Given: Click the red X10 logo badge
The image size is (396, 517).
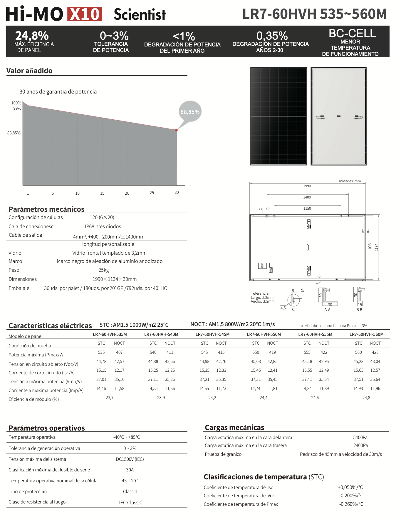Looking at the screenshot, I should click(x=85, y=14).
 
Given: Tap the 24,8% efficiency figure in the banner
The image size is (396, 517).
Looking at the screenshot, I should click(x=32, y=36).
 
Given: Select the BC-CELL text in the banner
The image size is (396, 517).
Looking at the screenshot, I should click(x=352, y=34).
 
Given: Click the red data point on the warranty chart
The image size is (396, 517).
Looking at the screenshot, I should click(x=177, y=130).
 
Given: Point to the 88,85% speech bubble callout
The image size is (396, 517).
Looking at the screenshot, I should click(x=190, y=112).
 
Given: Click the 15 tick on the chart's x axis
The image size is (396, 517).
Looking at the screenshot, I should click(x=102, y=193).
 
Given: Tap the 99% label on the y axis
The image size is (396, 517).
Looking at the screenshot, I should click(x=17, y=108).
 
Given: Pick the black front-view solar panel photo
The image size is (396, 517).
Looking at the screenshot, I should click(x=278, y=116).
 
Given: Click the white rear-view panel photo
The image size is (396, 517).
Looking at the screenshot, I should click(x=338, y=116).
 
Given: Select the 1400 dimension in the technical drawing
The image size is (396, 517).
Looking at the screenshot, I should click(x=307, y=197).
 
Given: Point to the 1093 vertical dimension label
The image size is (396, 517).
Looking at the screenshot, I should click(x=370, y=247).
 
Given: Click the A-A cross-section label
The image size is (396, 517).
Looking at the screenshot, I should click(x=327, y=310).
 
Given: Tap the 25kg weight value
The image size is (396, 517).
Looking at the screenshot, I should click(x=103, y=270).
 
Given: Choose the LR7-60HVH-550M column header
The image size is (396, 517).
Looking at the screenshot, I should click(x=264, y=334).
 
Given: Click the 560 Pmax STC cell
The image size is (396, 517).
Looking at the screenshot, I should click(x=358, y=352).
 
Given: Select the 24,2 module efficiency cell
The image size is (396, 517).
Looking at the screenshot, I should click(x=212, y=398).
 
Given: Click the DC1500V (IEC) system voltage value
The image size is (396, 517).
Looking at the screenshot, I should click(x=130, y=459).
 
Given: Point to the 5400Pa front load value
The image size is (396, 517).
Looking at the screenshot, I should click(x=360, y=437).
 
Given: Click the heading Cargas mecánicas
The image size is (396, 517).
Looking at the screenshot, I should click(x=234, y=427).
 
